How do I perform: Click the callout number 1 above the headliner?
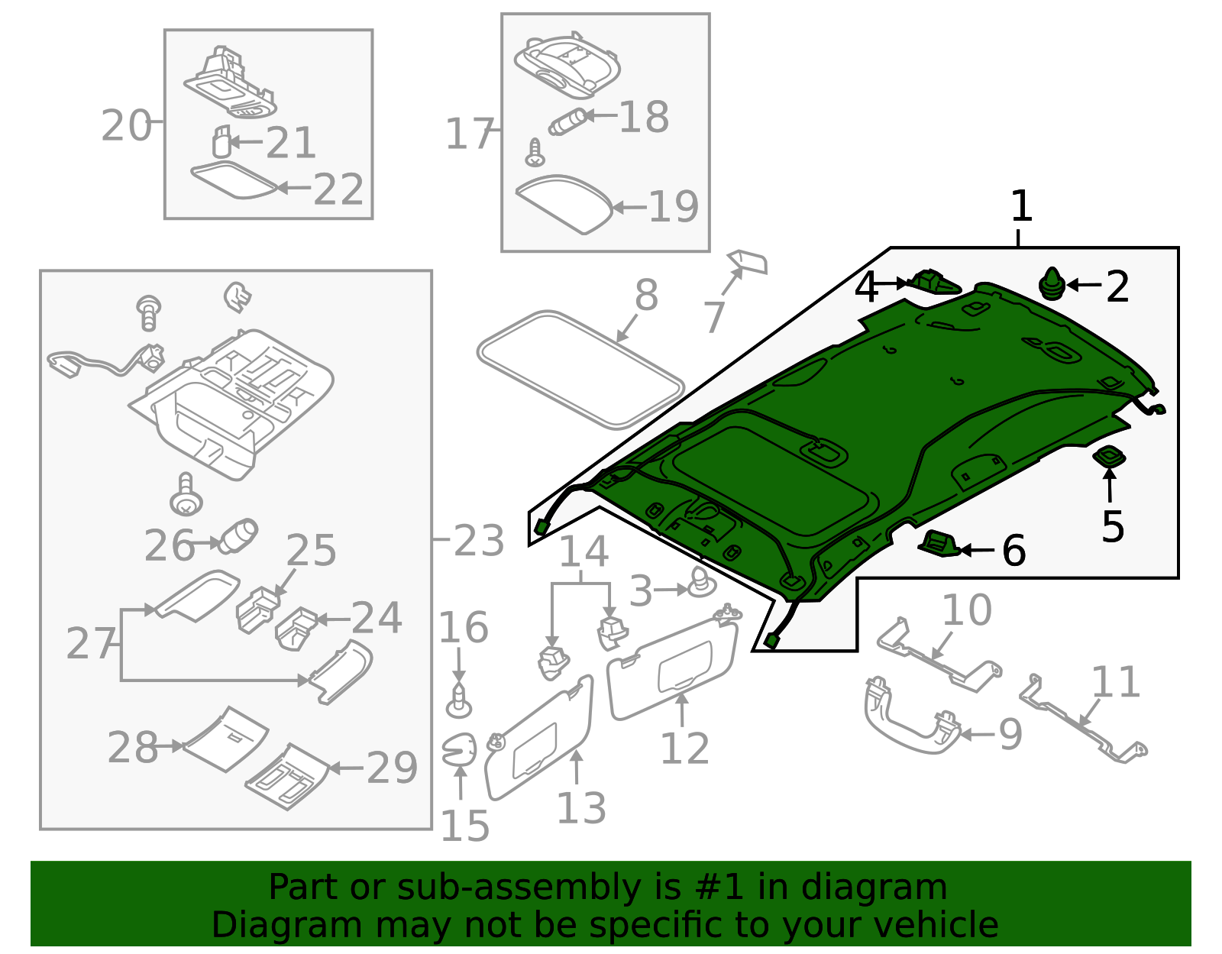(x=1021, y=206)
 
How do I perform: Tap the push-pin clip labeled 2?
(x=1052, y=284)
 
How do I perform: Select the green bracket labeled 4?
(x=935, y=283)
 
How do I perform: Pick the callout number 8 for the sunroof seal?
(x=646, y=295)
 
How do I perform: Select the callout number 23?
(x=479, y=541)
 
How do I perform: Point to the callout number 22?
(x=338, y=189)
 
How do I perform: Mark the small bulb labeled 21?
(x=221, y=141)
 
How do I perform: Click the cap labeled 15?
(x=459, y=750)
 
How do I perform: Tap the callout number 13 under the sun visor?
(x=581, y=808)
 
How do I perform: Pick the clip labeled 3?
(x=700, y=584)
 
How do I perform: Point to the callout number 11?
(x=1116, y=682)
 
